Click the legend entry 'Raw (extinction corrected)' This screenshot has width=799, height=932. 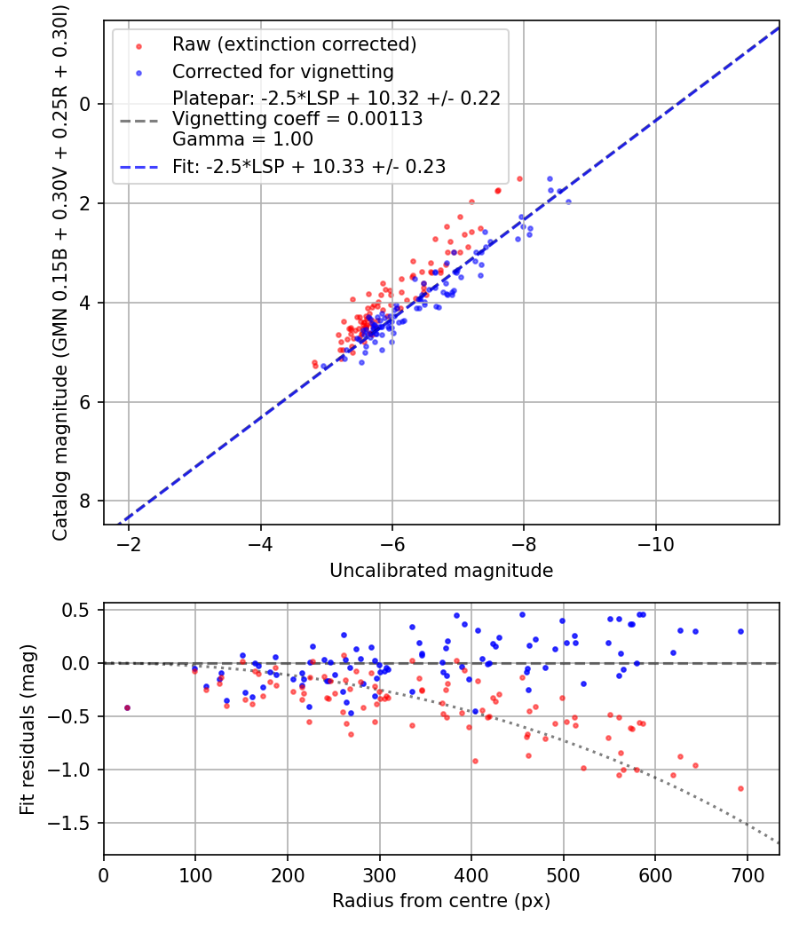[294, 44]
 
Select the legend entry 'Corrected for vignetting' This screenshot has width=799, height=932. [282, 71]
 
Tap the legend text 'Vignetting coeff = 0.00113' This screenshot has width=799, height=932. [297, 118]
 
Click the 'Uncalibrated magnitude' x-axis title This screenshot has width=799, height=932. [441, 571]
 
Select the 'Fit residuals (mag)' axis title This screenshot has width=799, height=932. [28, 728]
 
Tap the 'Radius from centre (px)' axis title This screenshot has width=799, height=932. [441, 901]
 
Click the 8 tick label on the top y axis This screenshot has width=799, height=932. [86, 502]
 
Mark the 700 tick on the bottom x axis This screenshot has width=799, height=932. [747, 874]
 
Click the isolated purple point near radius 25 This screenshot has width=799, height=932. [127, 707]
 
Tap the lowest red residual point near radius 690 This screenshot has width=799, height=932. [740, 788]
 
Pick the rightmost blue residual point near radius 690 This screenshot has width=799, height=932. [740, 632]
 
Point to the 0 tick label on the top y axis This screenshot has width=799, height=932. [86, 104]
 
